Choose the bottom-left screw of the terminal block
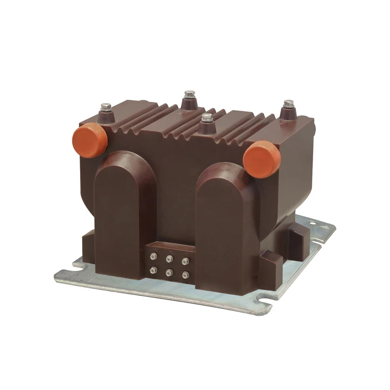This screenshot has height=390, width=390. pos(154,269)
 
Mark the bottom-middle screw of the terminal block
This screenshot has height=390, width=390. pos(170,270)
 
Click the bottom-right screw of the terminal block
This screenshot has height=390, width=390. pos(185,272)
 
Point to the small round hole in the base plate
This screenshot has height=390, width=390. pos(313,224)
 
